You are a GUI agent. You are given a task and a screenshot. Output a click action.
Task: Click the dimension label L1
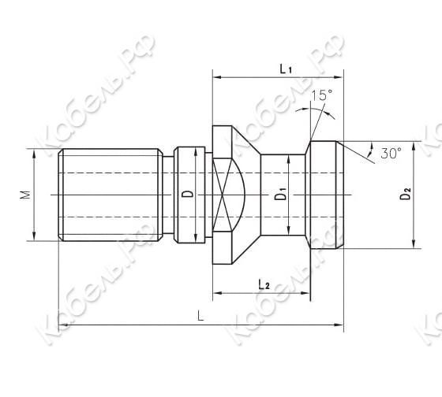coord(286,69)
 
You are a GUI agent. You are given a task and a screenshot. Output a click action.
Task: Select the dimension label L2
coord(265,284)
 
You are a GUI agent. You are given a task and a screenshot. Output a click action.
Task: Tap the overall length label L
coord(201,317)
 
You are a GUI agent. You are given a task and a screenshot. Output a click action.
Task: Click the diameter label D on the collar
coord(186,195)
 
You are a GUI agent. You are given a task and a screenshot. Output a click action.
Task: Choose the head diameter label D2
coord(405,195)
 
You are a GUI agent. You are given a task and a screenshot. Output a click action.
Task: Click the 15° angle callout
coord(320,96)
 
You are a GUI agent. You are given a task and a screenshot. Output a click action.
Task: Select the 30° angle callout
coord(390,154)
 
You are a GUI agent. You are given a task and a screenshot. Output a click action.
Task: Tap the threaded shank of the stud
coord(110,194)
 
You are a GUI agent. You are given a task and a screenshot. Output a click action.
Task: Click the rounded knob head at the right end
coord(325,195)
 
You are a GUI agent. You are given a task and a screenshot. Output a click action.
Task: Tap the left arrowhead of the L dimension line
coord(62,325)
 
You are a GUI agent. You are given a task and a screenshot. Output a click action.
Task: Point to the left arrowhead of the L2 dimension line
coord(215,293)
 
